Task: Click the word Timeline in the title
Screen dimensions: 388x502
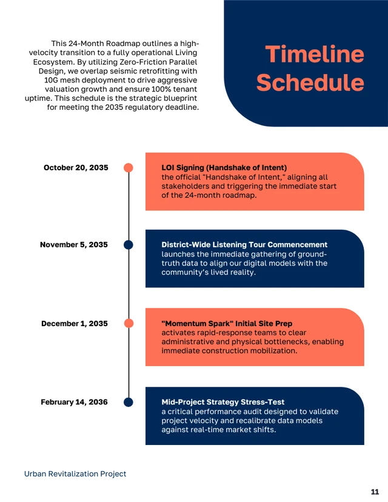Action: click(315, 55)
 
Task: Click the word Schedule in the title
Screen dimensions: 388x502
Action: click(310, 83)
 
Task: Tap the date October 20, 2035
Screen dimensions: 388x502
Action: click(76, 167)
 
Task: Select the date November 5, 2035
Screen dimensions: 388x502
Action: click(74, 245)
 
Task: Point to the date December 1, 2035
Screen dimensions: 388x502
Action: click(75, 324)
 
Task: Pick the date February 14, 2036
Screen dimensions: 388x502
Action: click(74, 402)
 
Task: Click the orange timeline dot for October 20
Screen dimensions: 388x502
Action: click(129, 167)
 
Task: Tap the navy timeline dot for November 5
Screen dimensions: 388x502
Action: click(129, 245)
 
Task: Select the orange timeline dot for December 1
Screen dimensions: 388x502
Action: click(129, 324)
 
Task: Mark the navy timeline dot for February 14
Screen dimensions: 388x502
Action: click(129, 402)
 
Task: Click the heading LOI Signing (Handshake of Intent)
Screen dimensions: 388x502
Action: click(224, 167)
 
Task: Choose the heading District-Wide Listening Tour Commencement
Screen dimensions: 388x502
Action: click(244, 245)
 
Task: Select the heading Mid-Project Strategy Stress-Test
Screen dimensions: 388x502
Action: click(223, 402)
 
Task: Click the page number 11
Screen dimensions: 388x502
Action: click(375, 491)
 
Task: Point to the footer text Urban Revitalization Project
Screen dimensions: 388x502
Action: click(75, 474)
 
